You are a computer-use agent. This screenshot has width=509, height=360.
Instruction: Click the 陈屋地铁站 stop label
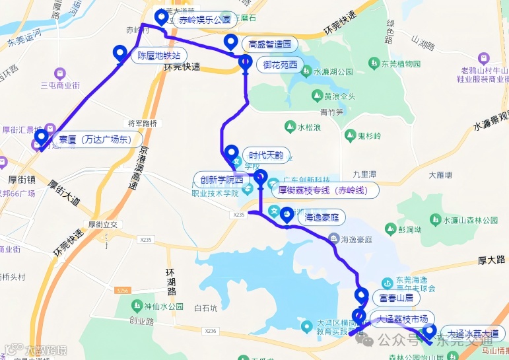click(x=158, y=55)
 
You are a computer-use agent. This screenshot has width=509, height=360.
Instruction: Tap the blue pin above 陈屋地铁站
click(x=120, y=53)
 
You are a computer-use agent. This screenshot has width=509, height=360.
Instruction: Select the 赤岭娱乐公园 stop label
click(x=204, y=20)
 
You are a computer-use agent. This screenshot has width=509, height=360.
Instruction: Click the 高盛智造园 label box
click(x=269, y=45)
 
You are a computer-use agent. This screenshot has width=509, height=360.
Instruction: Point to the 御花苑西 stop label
click(x=280, y=65)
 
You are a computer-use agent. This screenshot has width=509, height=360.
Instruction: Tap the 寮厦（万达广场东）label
click(x=95, y=139)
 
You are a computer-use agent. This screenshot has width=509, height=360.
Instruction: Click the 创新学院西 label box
click(x=222, y=180)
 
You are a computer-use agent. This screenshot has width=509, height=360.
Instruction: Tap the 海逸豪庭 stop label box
click(x=322, y=216)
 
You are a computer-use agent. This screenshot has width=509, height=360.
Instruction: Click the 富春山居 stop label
click(x=392, y=298)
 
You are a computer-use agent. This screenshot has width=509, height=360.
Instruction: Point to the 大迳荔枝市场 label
click(x=402, y=319)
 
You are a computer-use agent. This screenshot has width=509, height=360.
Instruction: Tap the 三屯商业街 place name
click(x=60, y=85)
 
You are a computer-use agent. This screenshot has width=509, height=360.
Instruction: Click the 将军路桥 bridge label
click(x=143, y=124)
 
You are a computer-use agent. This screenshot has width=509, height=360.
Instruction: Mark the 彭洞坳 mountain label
click(x=410, y=230)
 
